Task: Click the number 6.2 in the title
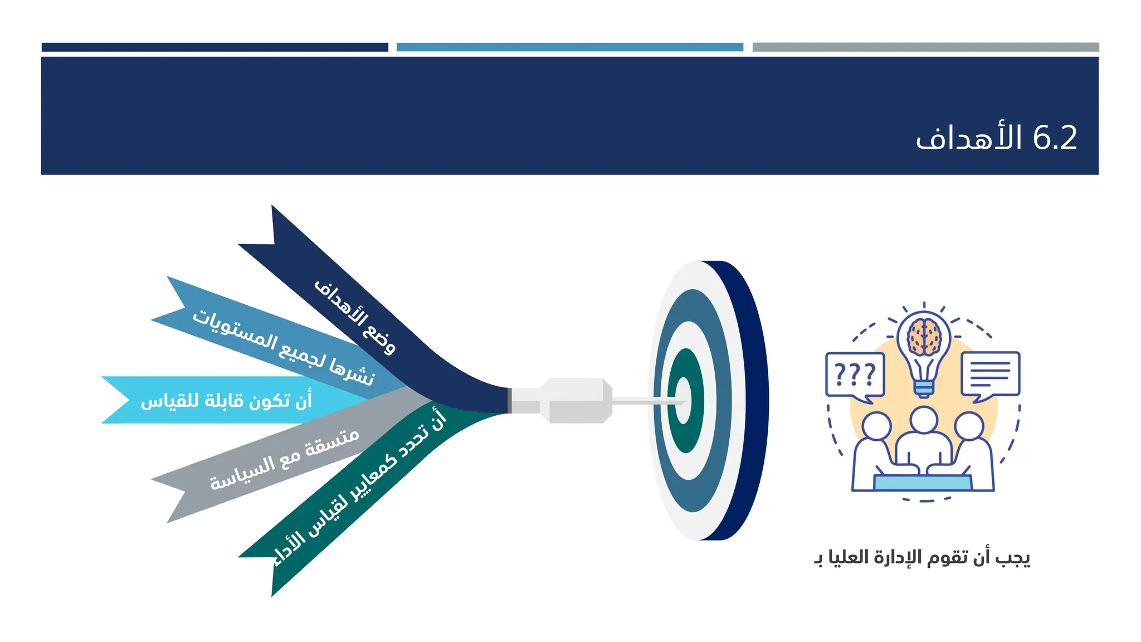1055,138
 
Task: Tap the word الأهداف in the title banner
969,138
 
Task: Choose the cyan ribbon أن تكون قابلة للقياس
226,400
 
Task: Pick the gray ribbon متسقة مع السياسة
284,460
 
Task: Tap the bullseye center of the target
683,400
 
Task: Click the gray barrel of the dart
577,400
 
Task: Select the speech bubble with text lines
990,373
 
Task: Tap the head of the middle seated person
924,420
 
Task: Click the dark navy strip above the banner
214,47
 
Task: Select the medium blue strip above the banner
569,47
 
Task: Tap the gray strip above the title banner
925,47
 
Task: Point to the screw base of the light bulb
924,388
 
